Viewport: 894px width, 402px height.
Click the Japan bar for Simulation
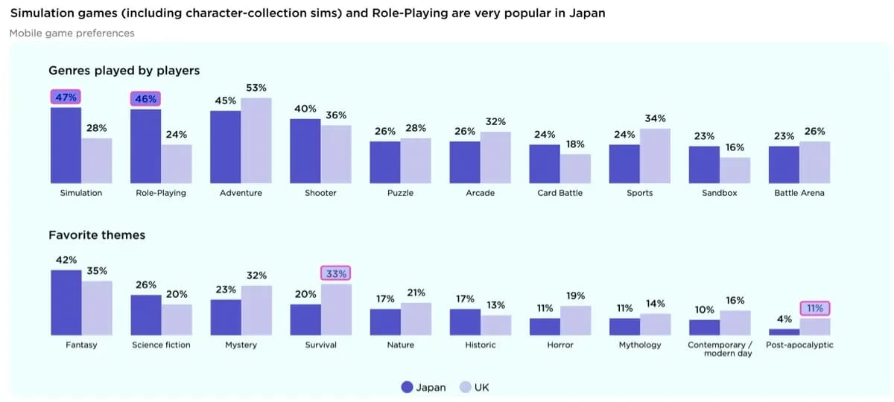click(66, 146)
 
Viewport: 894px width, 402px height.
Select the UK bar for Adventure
click(256, 141)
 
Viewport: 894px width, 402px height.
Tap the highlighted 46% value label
click(145, 98)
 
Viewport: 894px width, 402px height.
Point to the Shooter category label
click(320, 193)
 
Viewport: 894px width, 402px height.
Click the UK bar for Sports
click(655, 156)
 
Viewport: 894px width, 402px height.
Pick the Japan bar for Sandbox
click(704, 165)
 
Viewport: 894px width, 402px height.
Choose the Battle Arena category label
click(799, 193)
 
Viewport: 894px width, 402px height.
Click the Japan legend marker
click(407, 387)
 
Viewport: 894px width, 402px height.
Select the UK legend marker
click(466, 387)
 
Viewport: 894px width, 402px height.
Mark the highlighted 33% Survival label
click(336, 274)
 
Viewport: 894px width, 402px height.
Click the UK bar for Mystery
click(256, 311)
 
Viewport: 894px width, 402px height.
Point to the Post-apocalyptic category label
click(799, 345)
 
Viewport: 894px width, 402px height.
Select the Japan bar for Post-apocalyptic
click(784, 332)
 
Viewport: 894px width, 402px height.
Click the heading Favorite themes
click(97, 235)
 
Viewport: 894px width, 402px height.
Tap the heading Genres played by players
click(124, 71)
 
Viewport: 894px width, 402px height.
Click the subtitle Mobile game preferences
click(72, 33)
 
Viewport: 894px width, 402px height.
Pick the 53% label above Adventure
click(256, 88)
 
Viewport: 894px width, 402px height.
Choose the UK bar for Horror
click(575, 321)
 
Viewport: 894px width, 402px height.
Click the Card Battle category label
click(559, 193)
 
